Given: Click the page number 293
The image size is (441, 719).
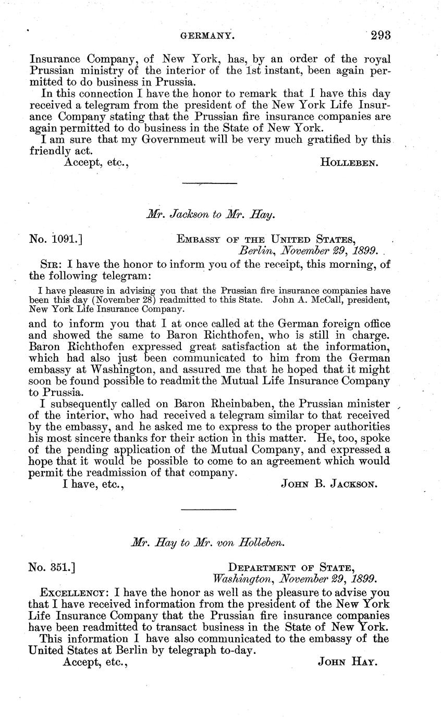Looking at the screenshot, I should tap(381, 35).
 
